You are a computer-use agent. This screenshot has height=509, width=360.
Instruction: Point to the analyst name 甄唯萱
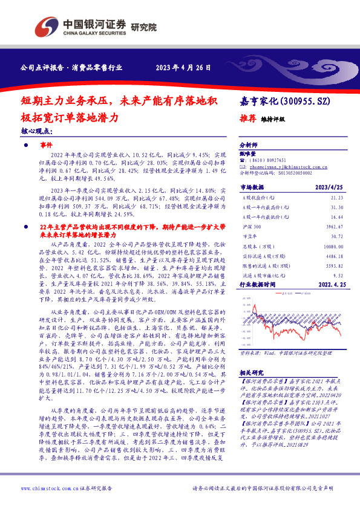pyautogui.click(x=248, y=154)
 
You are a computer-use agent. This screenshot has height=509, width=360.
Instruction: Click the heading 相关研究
pyautogui.click(x=250, y=373)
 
